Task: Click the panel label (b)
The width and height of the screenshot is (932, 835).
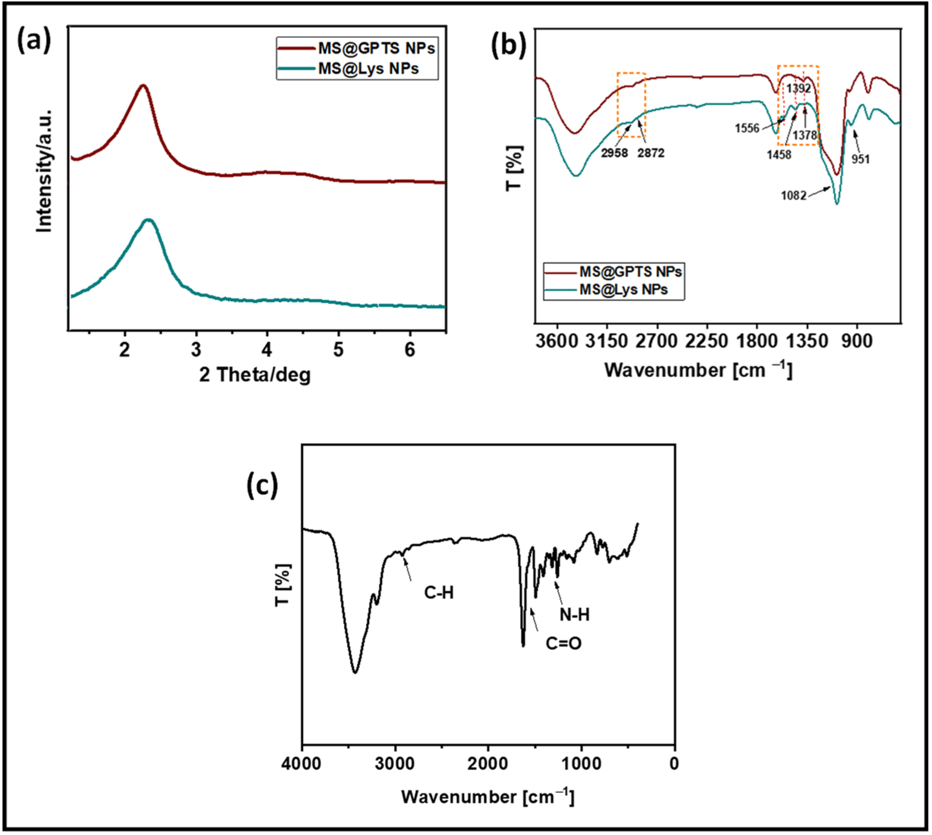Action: [508, 46]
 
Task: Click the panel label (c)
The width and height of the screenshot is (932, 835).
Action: [262, 486]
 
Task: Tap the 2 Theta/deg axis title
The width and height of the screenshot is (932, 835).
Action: [255, 375]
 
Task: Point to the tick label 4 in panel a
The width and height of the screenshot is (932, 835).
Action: [267, 350]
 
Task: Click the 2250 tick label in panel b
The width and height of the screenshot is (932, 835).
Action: [706, 341]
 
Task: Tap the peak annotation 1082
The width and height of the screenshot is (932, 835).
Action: [793, 196]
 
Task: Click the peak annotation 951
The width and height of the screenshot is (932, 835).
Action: [861, 159]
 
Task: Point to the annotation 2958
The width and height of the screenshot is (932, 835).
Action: [614, 153]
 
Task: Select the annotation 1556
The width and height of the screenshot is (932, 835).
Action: [747, 128]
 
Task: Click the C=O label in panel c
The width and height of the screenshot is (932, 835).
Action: [563, 644]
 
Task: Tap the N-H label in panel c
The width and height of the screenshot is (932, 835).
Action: [574, 615]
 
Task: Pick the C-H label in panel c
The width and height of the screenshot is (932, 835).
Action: [439, 593]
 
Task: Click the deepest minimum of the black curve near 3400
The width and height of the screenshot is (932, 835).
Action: [355, 672]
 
